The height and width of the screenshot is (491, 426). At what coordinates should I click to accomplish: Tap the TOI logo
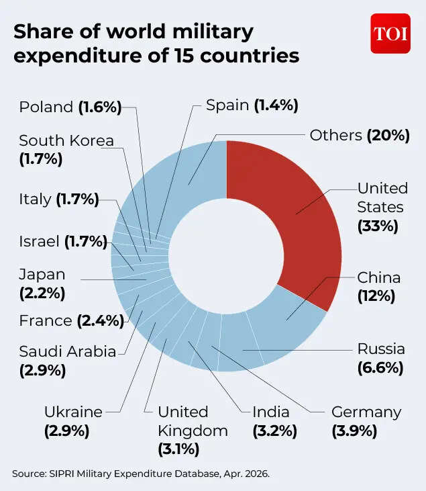tap(390, 34)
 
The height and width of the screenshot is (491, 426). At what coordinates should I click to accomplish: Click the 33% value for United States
tap(378, 226)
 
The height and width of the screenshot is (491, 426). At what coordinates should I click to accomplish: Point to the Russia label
tap(380, 349)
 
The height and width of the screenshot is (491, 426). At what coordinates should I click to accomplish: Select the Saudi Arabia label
tap(67, 351)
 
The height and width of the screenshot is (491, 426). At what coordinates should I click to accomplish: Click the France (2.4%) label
tap(71, 321)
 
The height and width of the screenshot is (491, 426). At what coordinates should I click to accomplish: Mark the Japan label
tap(42, 275)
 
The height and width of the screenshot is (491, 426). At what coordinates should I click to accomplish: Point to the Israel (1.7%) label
tap(63, 241)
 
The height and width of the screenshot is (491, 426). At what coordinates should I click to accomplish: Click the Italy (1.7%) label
tap(58, 199)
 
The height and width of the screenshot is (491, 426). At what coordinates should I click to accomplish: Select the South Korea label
tap(66, 141)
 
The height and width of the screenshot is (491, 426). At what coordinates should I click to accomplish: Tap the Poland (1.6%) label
tap(70, 107)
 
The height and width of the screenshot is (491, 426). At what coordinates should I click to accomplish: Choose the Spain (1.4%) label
tap(252, 105)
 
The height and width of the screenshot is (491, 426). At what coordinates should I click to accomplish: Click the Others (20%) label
tap(359, 135)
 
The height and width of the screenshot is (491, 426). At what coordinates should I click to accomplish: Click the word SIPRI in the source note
tap(61, 474)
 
